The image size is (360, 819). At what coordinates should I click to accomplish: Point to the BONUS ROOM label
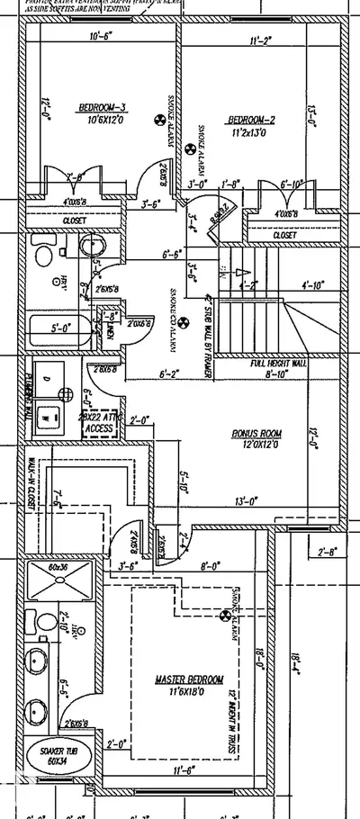pos(257,434)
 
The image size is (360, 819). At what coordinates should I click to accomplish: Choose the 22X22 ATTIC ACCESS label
pos(99,422)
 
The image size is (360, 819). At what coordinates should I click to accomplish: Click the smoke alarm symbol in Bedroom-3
pos(162,118)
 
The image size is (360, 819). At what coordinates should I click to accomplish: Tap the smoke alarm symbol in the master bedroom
pos(224,616)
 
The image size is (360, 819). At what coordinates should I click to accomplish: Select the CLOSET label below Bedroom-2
pos(284,235)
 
